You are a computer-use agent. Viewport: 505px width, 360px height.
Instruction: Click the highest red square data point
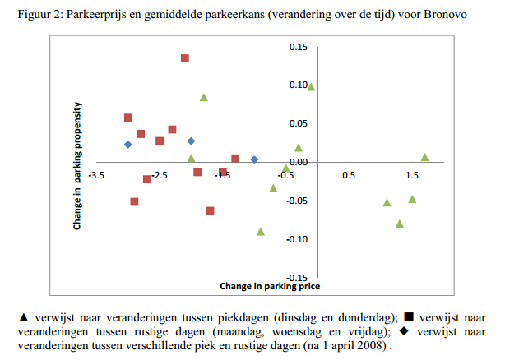pos(185,58)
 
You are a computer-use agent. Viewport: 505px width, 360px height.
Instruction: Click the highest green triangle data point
pos(311,86)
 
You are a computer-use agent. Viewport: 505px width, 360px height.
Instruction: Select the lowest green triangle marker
pos(261,231)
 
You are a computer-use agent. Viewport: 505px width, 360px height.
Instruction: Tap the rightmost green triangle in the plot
pos(425,156)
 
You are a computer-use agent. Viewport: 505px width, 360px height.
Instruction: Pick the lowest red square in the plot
pos(211,211)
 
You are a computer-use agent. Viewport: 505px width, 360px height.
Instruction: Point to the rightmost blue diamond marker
pos(254,159)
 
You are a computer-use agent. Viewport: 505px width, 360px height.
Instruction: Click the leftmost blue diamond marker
pos(128,145)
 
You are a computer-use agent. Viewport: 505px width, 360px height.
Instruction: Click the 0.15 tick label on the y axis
pos(297,47)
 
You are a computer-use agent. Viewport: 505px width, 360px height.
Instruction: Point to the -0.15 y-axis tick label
pos(295,278)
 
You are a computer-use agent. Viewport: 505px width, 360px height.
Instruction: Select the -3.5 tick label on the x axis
pos(97,175)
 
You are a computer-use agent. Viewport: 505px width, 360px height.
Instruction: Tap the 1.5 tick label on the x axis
pos(412,175)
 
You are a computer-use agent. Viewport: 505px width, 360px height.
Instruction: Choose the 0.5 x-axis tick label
pos(349,175)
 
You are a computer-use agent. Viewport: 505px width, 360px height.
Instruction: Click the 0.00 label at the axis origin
pos(297,162)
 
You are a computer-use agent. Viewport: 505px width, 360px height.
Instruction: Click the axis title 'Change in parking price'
pos(270,287)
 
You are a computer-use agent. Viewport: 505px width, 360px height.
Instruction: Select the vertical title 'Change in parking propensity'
pos(77,164)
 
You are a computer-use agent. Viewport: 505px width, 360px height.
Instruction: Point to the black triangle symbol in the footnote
pos(23,317)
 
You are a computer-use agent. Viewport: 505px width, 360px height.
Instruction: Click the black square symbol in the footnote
pos(409,317)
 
